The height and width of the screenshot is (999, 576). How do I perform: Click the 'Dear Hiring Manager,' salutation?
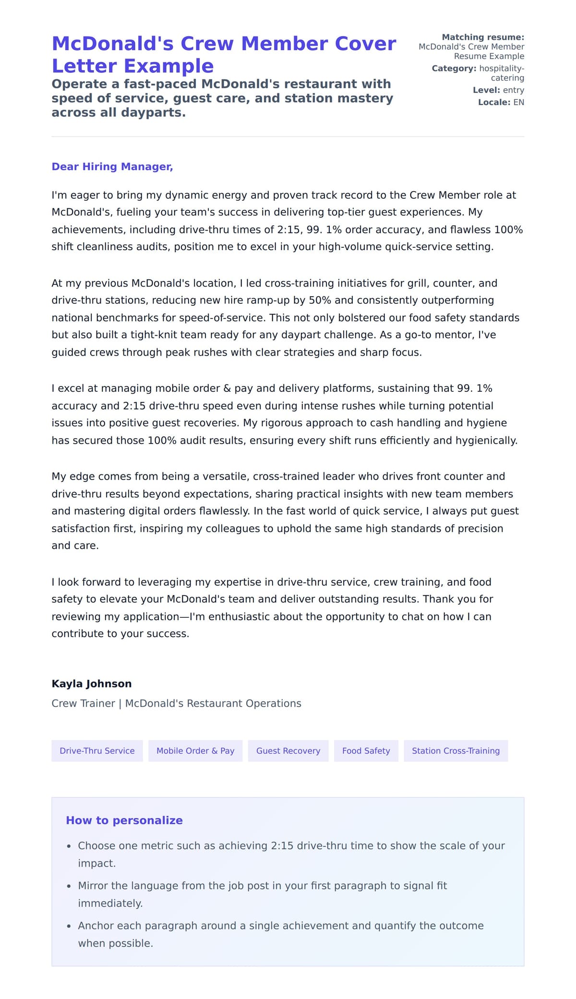pyautogui.click(x=112, y=167)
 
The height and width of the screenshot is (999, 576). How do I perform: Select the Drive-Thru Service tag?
pyautogui.click(x=97, y=751)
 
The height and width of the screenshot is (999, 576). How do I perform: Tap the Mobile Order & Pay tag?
pyautogui.click(x=195, y=751)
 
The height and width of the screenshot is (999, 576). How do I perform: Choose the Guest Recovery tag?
pyautogui.click(x=288, y=751)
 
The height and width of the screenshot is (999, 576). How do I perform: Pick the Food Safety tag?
pyautogui.click(x=366, y=751)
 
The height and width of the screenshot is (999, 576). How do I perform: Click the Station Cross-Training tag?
pyautogui.click(x=456, y=751)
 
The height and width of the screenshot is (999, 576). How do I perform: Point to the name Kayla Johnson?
pyautogui.click(x=91, y=684)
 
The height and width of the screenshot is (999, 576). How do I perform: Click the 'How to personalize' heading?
pyautogui.click(x=124, y=820)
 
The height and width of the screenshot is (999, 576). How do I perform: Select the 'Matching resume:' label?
pyautogui.click(x=483, y=37)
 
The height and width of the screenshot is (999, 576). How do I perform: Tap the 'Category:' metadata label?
pyautogui.click(x=454, y=68)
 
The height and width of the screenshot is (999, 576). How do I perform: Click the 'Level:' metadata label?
pyautogui.click(x=486, y=90)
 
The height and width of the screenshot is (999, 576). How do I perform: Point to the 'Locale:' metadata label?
pyautogui.click(x=494, y=102)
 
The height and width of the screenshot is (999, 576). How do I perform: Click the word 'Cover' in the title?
pyautogui.click(x=365, y=44)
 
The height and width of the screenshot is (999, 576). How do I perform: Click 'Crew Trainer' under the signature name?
pyautogui.click(x=83, y=703)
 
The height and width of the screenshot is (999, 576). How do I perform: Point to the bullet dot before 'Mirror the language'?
pyautogui.click(x=69, y=886)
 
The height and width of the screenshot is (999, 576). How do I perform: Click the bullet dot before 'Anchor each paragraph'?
pyautogui.click(x=69, y=926)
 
